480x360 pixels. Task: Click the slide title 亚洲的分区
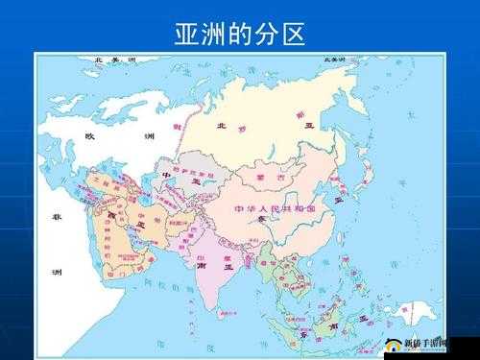pos(240,36)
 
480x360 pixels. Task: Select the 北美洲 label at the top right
pos(334,60)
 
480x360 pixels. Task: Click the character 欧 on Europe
pos(90,136)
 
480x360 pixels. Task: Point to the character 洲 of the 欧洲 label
pos(148,136)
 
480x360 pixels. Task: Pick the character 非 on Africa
pos(55,217)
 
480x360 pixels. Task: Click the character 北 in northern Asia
pos(222,126)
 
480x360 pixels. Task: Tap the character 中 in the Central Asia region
pos(164,176)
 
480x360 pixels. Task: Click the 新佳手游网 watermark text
pos(428,340)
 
